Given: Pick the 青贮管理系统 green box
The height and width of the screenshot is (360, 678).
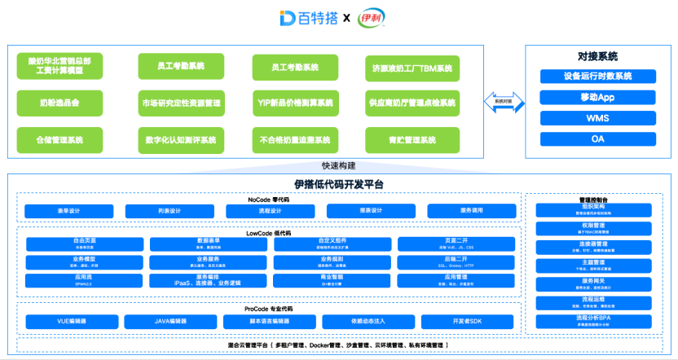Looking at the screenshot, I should click(412, 140).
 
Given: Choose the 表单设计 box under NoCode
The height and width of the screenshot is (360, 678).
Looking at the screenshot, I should click(68, 211).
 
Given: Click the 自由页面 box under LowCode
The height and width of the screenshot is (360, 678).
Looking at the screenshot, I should click(85, 244).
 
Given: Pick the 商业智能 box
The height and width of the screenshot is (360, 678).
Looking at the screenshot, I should click(332, 280).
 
